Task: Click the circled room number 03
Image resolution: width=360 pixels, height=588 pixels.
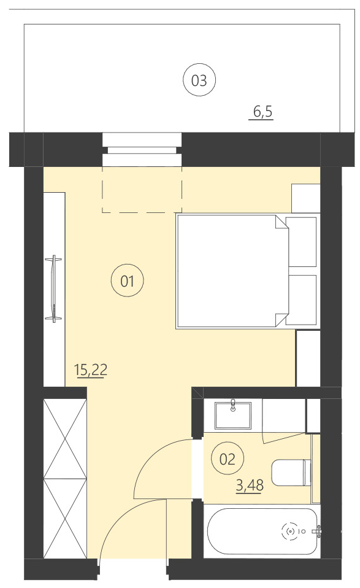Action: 199,80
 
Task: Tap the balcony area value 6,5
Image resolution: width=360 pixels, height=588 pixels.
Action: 262,112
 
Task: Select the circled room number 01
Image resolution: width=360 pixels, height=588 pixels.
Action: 127,282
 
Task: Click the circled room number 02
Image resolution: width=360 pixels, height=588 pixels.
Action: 228,458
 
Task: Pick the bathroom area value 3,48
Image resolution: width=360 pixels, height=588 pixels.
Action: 249,485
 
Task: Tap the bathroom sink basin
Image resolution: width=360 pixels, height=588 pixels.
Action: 234,414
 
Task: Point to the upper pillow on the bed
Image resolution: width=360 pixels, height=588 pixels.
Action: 302,241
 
